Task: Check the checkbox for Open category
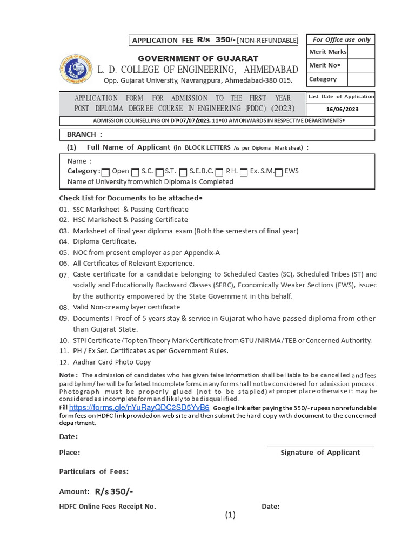click(x=106, y=172)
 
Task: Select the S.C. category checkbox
click(x=135, y=172)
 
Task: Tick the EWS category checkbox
click(x=279, y=172)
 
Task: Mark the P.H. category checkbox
click(x=219, y=172)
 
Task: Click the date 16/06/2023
click(x=340, y=109)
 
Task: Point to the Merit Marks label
click(x=327, y=52)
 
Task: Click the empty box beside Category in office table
click(x=361, y=79)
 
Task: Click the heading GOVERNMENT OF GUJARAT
click(x=198, y=58)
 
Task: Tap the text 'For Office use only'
click(x=342, y=39)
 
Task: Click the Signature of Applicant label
click(x=320, y=453)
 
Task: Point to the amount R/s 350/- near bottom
click(x=114, y=491)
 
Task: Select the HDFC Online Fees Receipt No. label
click(x=107, y=507)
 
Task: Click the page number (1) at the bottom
click(x=231, y=515)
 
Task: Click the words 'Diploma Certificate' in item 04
click(x=105, y=241)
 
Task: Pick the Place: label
click(x=70, y=453)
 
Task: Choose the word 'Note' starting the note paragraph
click(x=68, y=375)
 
